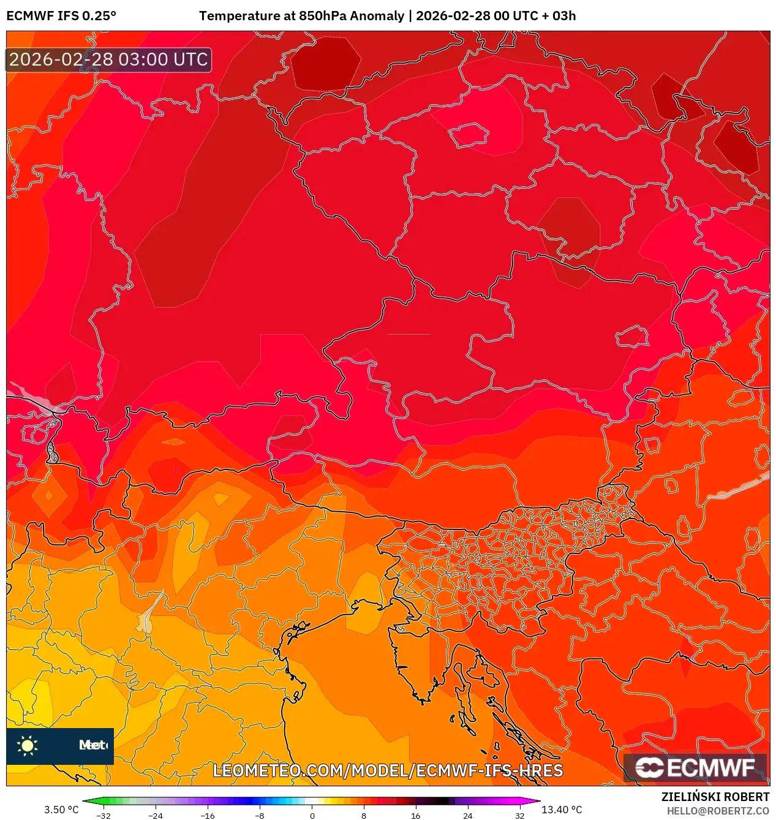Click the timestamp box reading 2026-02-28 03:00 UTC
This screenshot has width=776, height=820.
[x=108, y=60]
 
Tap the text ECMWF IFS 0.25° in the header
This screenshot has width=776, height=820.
[x=61, y=16]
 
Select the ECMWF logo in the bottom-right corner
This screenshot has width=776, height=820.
[x=695, y=767]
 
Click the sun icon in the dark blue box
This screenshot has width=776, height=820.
[x=28, y=745]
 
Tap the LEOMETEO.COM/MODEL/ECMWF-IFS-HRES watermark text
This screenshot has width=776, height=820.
[x=387, y=770]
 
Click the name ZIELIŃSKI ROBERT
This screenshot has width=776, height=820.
[x=715, y=797]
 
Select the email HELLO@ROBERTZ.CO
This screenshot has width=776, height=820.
[x=718, y=811]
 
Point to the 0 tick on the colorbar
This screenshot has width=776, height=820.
[x=312, y=815]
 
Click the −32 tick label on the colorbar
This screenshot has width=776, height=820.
[x=104, y=815]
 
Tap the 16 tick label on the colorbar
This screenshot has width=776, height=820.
[x=415, y=815]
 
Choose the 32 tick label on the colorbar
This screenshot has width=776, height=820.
[x=519, y=815]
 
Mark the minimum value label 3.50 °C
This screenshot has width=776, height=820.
[x=61, y=810]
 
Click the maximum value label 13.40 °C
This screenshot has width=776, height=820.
[x=562, y=810]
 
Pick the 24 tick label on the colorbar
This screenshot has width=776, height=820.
[x=467, y=815]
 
